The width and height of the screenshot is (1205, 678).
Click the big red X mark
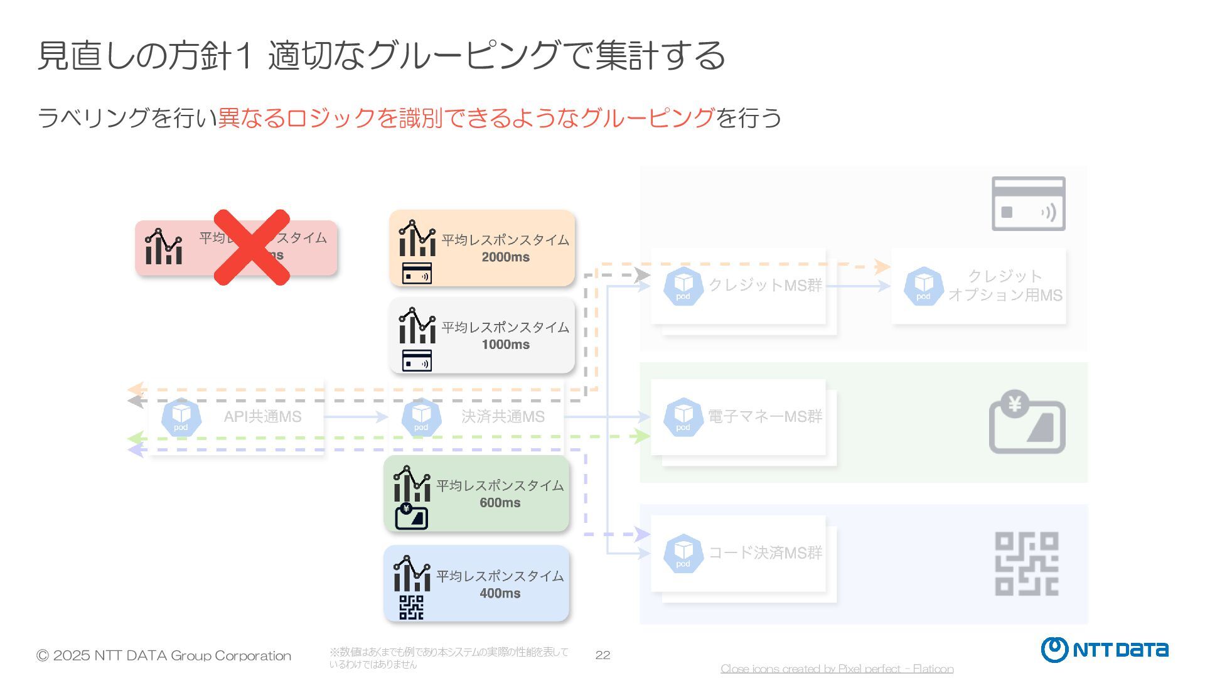click(x=252, y=247)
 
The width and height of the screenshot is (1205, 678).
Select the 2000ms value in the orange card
click(x=505, y=257)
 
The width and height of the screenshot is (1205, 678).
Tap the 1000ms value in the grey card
click(x=505, y=344)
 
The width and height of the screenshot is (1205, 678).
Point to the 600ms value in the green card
click(x=500, y=502)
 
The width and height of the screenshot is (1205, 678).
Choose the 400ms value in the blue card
click(x=500, y=593)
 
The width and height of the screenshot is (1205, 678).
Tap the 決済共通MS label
click(x=503, y=416)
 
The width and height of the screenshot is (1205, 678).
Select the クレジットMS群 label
click(x=764, y=285)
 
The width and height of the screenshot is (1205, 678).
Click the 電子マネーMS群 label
click(x=764, y=416)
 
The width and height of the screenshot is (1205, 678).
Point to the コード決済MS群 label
click(x=764, y=552)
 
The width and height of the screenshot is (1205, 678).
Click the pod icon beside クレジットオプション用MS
click(x=923, y=286)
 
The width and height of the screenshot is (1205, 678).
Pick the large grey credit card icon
click(x=1028, y=203)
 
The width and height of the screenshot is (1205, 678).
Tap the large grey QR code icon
click(x=1027, y=564)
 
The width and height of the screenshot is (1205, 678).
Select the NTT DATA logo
click(x=1105, y=650)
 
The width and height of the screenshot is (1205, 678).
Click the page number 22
click(x=602, y=655)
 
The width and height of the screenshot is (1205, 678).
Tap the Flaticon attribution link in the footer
click(x=837, y=669)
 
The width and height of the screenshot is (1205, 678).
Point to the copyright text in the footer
click(x=164, y=655)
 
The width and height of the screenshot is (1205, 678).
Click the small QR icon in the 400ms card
click(x=411, y=607)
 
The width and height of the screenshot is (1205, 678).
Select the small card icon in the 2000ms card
click(x=417, y=274)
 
